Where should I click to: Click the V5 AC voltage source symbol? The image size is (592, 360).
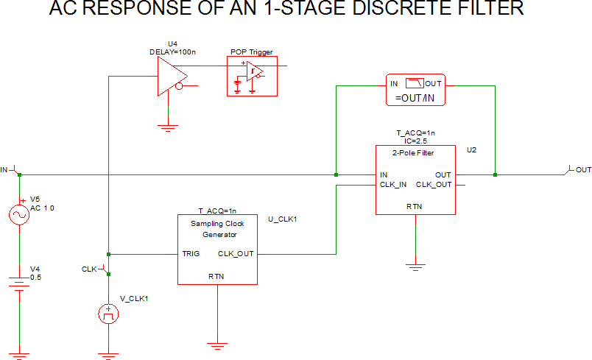click(19, 214)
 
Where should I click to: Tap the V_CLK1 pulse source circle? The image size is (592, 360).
click(108, 315)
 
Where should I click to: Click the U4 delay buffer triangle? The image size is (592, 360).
click(170, 77)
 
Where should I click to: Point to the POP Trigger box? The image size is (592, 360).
click(253, 75)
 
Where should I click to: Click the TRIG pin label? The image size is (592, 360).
click(191, 254)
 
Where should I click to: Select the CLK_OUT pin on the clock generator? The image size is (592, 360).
click(236, 254)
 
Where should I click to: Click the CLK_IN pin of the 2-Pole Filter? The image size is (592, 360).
click(392, 184)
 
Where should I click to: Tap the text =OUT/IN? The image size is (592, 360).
click(415, 99)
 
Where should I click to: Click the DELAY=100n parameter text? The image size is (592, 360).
click(172, 51)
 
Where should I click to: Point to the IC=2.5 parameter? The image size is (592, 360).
click(416, 139)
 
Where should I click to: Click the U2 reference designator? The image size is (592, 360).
click(471, 149)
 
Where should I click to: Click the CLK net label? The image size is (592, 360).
click(89, 269)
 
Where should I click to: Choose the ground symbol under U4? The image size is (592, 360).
click(169, 127)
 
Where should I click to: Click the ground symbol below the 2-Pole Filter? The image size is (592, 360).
click(417, 266)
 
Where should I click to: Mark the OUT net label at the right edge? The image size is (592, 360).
click(583, 170)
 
